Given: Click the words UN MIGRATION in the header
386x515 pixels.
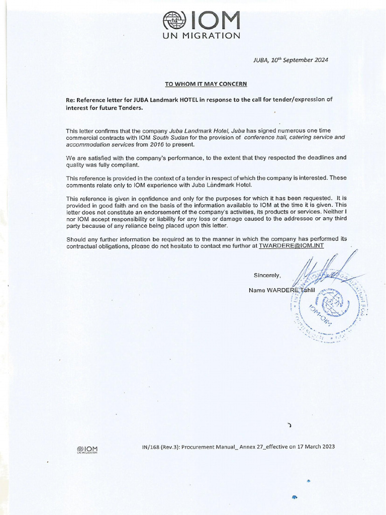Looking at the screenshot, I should tap(201, 36).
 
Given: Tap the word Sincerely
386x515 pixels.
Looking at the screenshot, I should tap(267, 275).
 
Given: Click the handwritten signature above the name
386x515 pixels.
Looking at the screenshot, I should tap(322, 274).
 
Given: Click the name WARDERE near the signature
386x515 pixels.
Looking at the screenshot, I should tap(282, 290).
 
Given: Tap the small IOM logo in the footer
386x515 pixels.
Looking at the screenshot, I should tap(87, 449).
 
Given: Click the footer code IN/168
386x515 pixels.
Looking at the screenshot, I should tap(154, 447).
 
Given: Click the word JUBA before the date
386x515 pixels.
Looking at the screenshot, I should tap(261, 60).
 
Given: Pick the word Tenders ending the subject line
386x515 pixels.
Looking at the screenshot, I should tap(130, 108).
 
